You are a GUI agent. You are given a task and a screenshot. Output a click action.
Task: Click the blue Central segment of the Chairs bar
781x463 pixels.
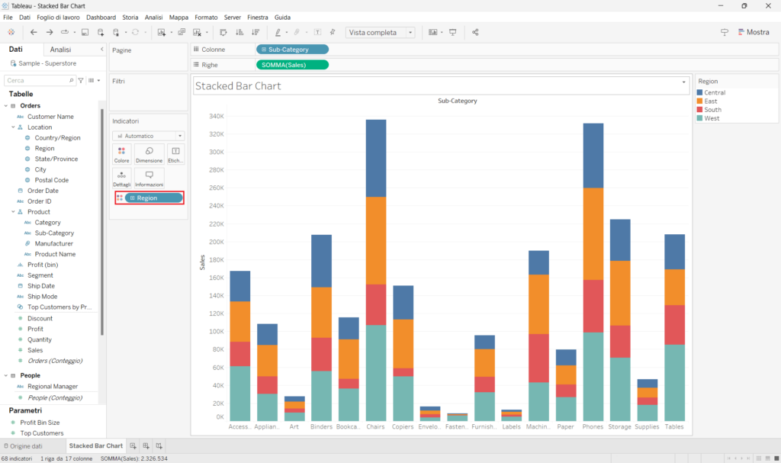tap(376, 158)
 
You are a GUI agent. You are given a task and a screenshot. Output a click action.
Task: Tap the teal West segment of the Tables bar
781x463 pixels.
tap(674, 382)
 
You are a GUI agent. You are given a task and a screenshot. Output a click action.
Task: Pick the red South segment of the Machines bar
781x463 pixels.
tap(539, 358)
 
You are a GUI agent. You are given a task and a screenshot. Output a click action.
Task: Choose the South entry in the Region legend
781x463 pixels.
tap(712, 110)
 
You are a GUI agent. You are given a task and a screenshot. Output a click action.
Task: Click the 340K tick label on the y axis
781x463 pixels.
tap(216, 117)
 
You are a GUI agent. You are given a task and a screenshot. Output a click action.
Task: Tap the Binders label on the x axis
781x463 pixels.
tap(321, 427)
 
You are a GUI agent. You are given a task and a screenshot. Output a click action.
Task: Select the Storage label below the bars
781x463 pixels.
tap(619, 427)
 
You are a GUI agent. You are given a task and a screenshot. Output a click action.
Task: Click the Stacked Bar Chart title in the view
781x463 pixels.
tap(239, 86)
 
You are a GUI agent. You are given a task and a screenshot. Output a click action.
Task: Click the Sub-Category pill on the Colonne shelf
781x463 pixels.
tap(292, 50)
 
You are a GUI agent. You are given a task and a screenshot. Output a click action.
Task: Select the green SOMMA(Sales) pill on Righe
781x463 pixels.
tap(292, 65)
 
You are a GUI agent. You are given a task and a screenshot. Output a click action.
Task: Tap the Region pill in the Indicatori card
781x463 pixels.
tap(153, 198)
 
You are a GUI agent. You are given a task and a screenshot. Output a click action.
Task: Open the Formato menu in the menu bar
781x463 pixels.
tap(206, 17)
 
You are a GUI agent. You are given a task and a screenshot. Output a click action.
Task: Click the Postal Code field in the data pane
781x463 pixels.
tap(52, 180)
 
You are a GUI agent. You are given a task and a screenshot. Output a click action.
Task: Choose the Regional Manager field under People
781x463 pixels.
tap(53, 387)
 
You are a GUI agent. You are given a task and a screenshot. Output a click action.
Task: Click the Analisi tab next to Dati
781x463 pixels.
tap(60, 50)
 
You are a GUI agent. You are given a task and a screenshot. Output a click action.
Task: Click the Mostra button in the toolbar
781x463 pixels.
tap(753, 32)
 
